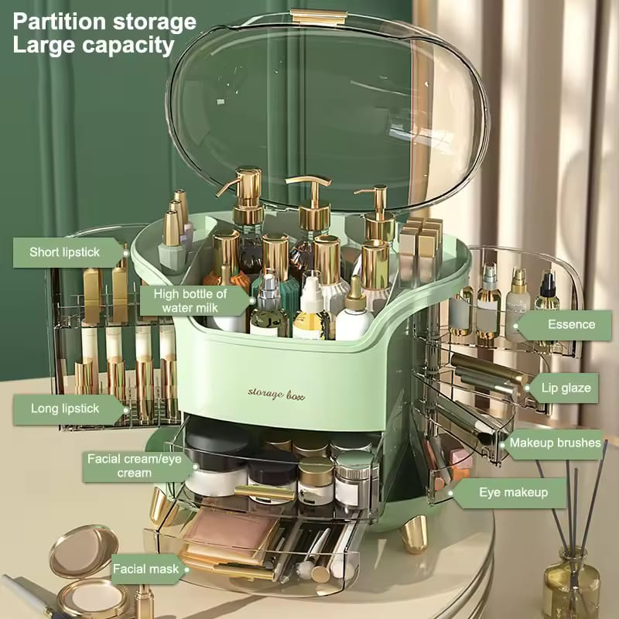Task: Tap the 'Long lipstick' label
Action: pos(67,409)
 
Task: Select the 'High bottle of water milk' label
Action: pos(190,300)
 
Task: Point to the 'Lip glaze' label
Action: pos(566,388)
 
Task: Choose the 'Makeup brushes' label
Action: pos(554,443)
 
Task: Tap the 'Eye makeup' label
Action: pos(513,492)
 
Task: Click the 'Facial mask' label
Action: pos(147,569)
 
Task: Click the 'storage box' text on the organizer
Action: pos(276,394)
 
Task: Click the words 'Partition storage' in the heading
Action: pos(104,21)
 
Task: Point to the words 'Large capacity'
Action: pos(93,45)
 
